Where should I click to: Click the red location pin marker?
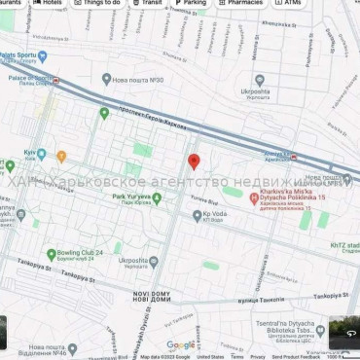pos(193,162)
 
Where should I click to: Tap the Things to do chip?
pos(97,3)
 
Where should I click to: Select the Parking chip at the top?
pos(191,3)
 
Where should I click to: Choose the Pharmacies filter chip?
pos(241,3)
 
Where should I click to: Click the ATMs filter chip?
pos(288,3)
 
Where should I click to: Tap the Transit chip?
pos(147,3)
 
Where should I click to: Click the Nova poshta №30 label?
pos(136,80)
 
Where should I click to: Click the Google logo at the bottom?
pos(180,344)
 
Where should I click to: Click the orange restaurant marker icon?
pos(61,156)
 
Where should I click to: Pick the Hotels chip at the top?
pos(48,3)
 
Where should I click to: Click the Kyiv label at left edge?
pos(28,154)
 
